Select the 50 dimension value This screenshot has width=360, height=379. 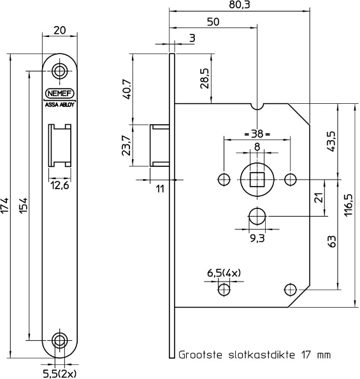(x=213, y=22)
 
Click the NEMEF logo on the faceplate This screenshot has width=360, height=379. (x=60, y=93)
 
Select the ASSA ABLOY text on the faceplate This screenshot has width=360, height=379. (x=60, y=106)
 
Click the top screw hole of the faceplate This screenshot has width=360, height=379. (x=60, y=71)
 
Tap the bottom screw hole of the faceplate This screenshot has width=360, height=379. (x=60, y=340)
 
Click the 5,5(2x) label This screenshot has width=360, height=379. (x=60, y=373)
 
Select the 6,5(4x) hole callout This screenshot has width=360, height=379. (x=224, y=273)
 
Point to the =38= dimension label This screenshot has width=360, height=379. (x=257, y=134)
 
